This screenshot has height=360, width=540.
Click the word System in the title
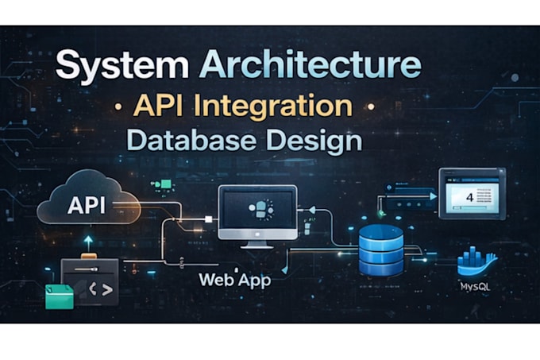point(122,65)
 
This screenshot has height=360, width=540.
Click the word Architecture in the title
point(310,64)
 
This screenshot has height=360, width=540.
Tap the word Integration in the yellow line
point(273,106)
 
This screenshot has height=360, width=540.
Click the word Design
point(314,141)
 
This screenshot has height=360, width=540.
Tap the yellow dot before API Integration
point(118,106)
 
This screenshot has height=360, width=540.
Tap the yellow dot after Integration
point(371,106)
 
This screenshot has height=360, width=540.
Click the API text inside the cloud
point(87,205)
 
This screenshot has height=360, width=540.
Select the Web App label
point(235,280)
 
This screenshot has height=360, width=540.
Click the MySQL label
point(475,287)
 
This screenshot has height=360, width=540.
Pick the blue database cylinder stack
point(381,250)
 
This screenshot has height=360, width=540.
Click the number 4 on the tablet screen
point(469,197)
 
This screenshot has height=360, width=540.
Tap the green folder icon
point(60,296)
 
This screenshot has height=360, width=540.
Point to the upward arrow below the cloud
point(88,243)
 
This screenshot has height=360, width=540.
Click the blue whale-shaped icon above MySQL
point(477,261)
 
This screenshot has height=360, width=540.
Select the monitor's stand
point(257,244)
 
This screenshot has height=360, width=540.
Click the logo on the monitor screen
point(261,209)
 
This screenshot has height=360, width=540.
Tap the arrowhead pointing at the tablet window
point(433,196)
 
